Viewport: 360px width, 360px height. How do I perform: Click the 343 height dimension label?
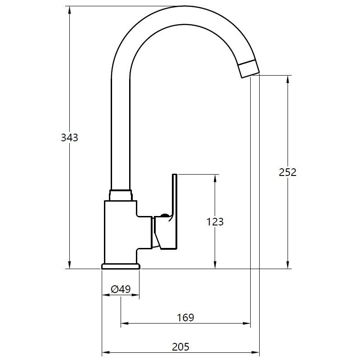point(69,138)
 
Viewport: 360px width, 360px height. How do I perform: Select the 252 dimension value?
point(288,172)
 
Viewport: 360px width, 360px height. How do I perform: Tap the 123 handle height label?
point(215,222)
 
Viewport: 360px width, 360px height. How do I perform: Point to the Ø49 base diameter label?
point(121,289)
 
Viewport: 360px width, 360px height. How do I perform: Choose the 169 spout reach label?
point(185,318)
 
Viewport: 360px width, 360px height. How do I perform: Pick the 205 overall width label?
point(181,346)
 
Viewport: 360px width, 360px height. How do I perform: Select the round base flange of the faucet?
point(121,266)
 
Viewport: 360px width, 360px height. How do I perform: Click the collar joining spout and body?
point(121,195)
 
